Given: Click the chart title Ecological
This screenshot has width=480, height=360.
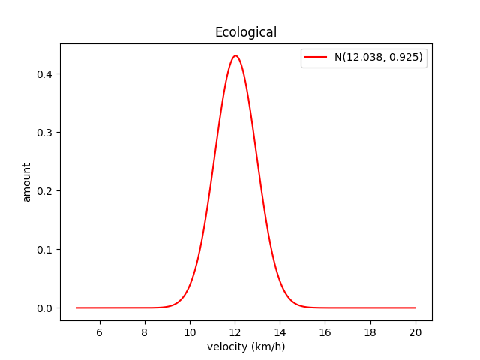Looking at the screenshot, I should (x=246, y=32).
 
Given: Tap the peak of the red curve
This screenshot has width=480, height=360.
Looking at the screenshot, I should (x=235, y=55).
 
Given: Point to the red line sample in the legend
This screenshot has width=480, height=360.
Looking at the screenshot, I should (x=316, y=58).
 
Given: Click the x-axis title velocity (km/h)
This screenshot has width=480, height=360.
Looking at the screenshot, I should (x=246, y=346).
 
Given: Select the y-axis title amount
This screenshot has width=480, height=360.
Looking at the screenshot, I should (x=27, y=182).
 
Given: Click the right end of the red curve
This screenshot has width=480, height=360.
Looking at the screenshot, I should (x=415, y=307).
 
